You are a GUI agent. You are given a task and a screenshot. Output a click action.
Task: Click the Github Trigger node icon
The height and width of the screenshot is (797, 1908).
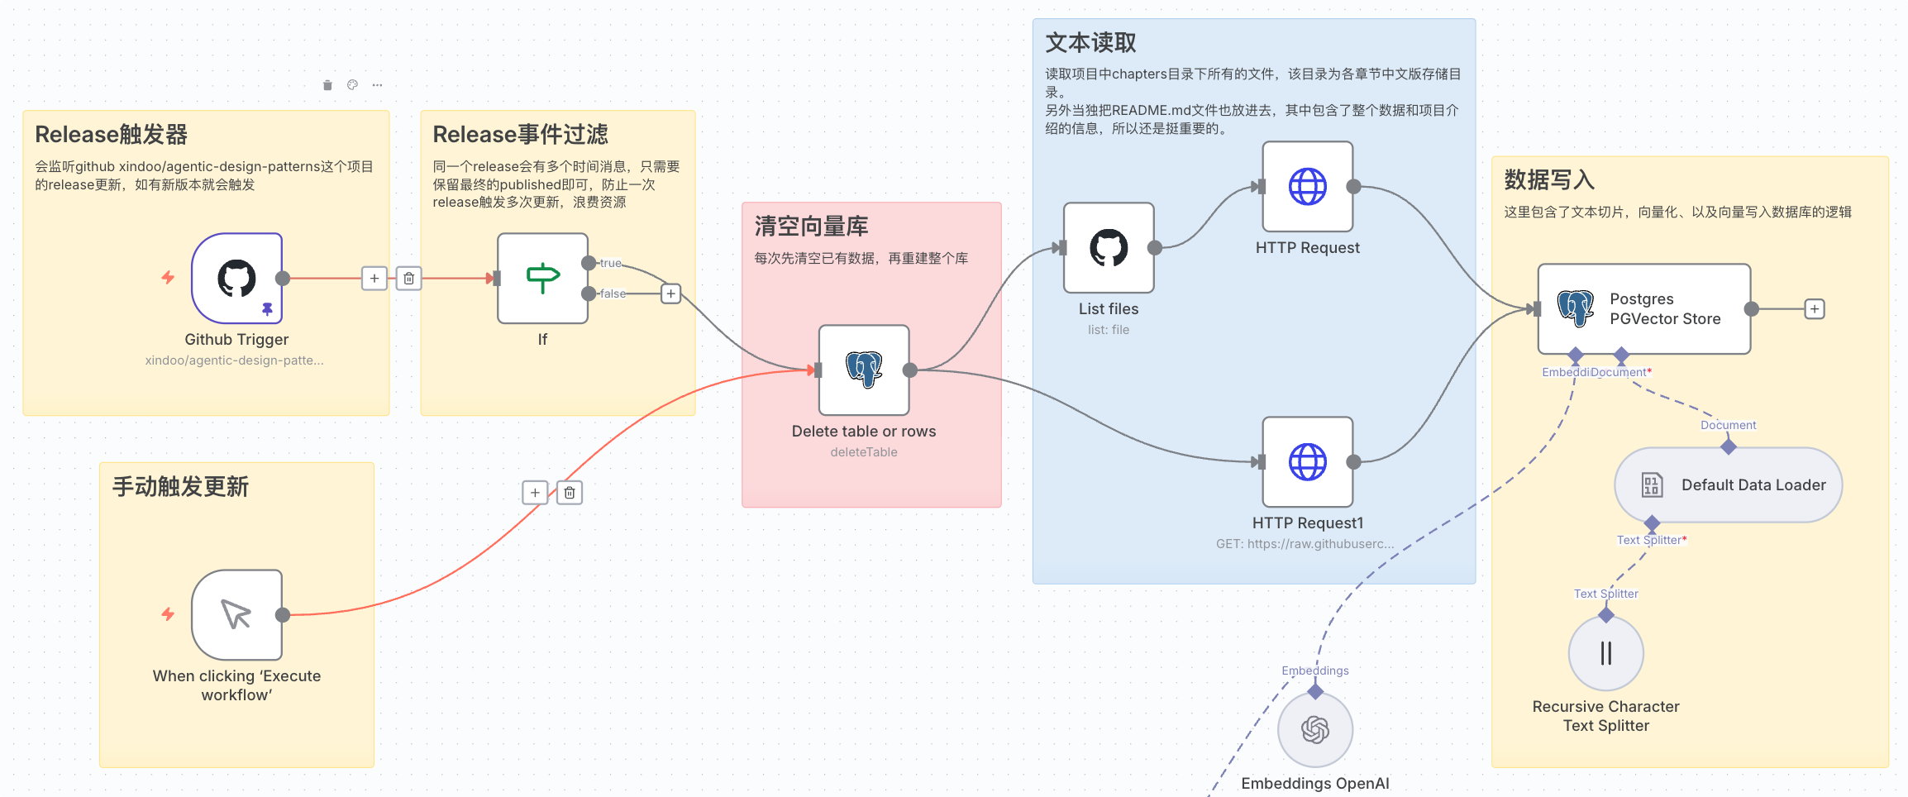click(x=236, y=278)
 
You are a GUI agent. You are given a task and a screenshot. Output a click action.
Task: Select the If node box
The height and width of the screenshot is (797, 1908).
click(x=542, y=278)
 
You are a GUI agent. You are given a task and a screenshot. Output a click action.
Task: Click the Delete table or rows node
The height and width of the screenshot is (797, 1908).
click(x=864, y=370)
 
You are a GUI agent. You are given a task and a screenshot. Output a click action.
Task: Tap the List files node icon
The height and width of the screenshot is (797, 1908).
click(x=1109, y=247)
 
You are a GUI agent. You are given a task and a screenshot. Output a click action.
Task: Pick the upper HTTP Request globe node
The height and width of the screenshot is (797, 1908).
click(x=1307, y=186)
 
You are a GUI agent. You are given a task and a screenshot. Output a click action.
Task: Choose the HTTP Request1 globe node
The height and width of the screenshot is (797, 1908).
click(x=1307, y=461)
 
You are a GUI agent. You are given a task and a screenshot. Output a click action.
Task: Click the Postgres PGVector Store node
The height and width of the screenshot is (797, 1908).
click(x=1643, y=308)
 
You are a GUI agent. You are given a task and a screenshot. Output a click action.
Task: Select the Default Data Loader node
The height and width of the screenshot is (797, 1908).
click(x=1728, y=485)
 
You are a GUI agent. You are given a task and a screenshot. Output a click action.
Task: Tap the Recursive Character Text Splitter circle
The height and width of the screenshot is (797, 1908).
click(x=1605, y=653)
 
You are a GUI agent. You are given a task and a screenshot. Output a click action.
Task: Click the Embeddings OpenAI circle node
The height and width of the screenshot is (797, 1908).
click(x=1314, y=729)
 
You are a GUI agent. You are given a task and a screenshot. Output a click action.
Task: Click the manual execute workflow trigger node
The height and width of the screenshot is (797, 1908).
click(x=236, y=614)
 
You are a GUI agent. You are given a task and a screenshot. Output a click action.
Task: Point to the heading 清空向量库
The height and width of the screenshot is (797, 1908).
click(x=811, y=227)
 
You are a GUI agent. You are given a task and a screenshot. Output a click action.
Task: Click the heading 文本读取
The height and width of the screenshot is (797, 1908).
click(x=1090, y=42)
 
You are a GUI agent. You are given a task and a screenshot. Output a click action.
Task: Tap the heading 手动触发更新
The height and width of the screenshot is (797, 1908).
click(x=180, y=487)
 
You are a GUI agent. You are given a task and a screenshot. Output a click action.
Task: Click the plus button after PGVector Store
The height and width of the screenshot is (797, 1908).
click(x=1814, y=309)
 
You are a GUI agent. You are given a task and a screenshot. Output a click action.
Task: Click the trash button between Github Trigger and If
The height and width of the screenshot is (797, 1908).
click(x=409, y=279)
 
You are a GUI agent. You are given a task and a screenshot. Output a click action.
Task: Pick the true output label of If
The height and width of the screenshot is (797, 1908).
click(x=610, y=263)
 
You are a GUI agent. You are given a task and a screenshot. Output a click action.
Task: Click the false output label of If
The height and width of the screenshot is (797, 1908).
click(x=613, y=294)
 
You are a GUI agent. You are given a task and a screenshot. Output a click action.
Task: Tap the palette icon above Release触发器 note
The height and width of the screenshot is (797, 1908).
click(x=352, y=85)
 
